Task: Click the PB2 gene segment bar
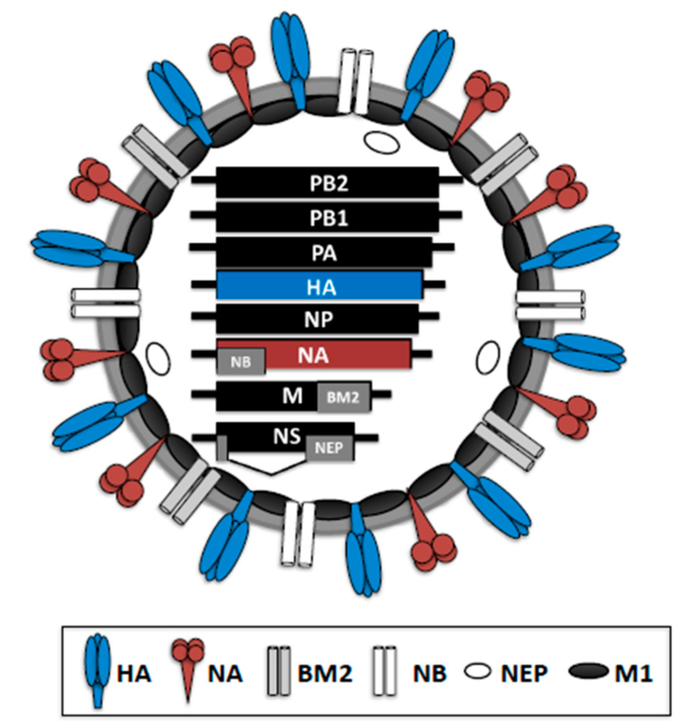[327, 181]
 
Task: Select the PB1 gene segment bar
[327, 217]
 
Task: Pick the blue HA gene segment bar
[320, 286]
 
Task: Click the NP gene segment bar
[318, 319]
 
